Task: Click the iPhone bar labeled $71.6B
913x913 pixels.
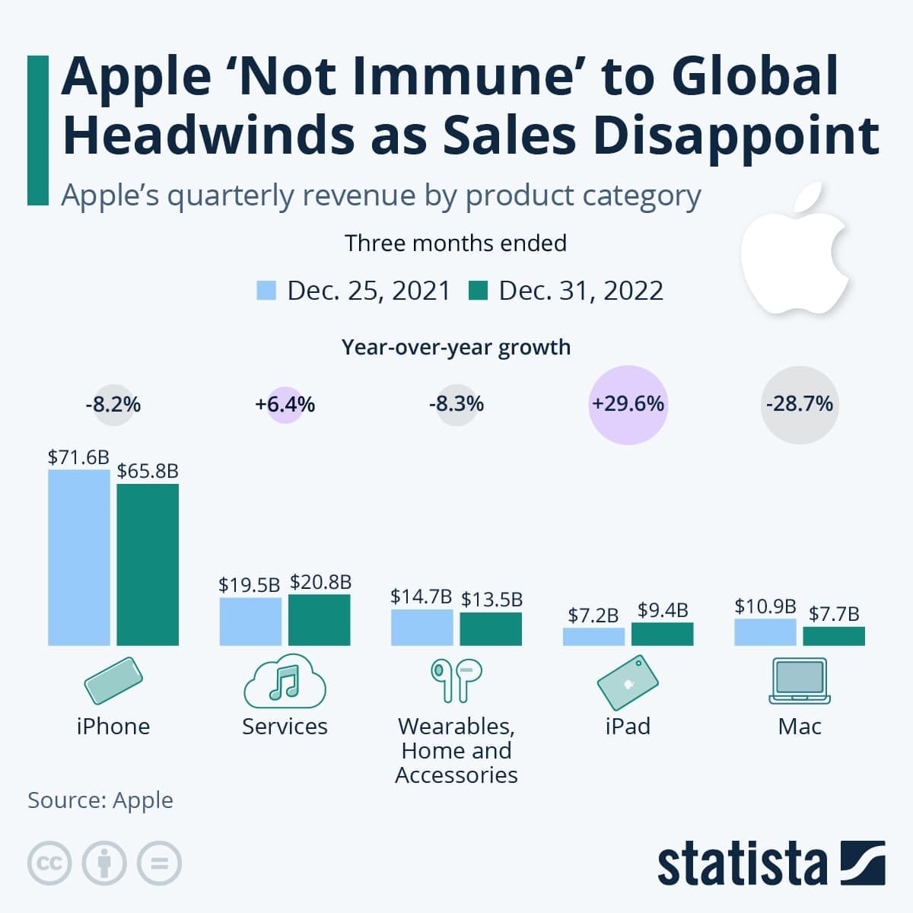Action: tap(78, 557)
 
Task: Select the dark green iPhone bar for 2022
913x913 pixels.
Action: tap(148, 565)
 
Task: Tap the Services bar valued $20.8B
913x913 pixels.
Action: tap(320, 620)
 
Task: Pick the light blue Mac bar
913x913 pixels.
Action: tap(765, 632)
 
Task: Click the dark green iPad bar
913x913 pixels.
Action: tap(662, 635)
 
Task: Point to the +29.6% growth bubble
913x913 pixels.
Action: tap(628, 404)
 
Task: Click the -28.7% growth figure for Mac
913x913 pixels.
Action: tap(799, 404)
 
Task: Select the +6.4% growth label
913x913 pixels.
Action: tap(285, 404)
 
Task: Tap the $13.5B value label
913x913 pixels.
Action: tap(491, 600)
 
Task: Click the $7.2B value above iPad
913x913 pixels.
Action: tap(593, 615)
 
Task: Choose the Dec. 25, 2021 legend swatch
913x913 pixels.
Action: tap(266, 291)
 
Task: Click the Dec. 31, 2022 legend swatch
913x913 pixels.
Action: tap(478, 291)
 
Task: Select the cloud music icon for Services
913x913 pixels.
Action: tap(285, 681)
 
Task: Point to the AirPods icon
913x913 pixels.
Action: tap(456, 679)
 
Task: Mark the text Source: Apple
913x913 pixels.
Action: tap(100, 800)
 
